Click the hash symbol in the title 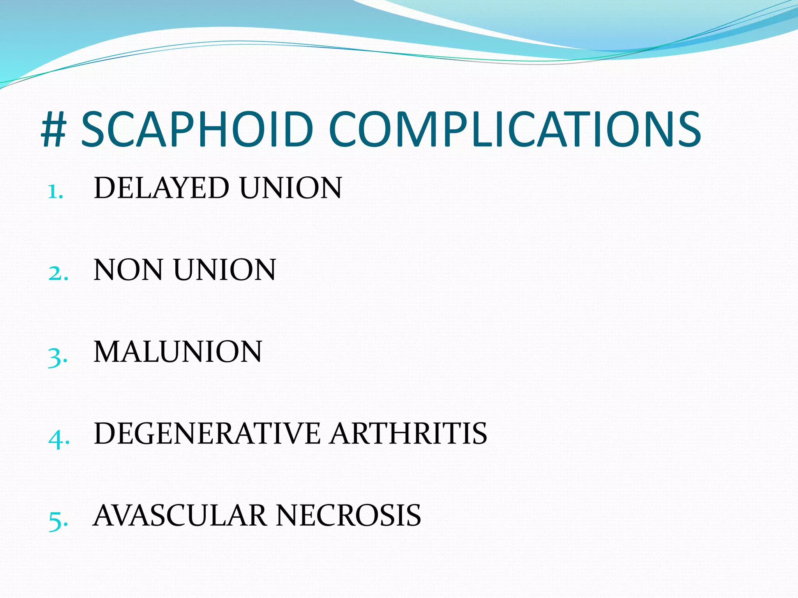[x=53, y=129]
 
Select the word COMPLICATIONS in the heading [x=514, y=129]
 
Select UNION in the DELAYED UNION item [x=291, y=188]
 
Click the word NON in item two [x=128, y=270]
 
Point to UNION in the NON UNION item [x=225, y=270]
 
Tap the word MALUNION [x=178, y=352]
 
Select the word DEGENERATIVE [x=207, y=433]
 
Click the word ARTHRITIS [x=408, y=433]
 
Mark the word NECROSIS [x=349, y=515]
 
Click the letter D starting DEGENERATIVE [x=104, y=433]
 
